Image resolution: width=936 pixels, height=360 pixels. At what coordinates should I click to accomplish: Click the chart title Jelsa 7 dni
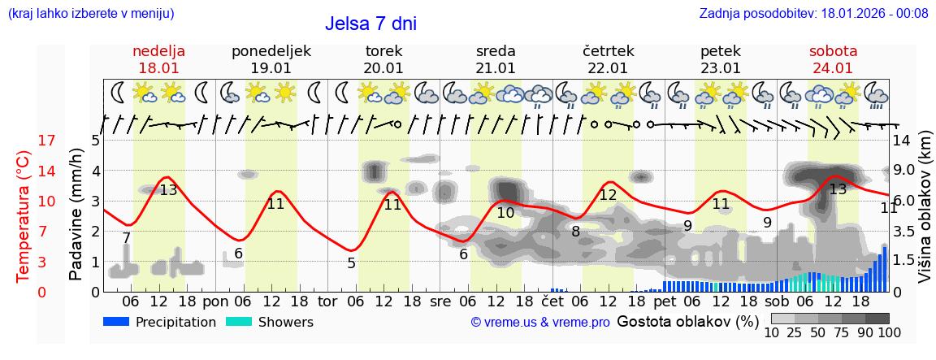(x=370, y=24)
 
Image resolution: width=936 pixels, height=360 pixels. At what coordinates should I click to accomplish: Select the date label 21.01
(x=496, y=68)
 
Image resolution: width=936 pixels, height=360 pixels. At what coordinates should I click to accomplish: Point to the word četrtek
(x=608, y=51)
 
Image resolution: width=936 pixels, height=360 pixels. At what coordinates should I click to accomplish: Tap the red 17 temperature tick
(x=24, y=141)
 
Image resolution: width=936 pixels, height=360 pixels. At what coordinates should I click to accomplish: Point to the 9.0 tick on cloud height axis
(x=903, y=171)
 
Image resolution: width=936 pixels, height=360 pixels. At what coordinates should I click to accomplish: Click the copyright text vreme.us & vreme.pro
(x=540, y=322)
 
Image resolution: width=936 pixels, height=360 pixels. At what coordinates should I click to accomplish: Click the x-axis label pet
(x=664, y=301)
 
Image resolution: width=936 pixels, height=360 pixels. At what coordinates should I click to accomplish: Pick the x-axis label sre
(x=440, y=301)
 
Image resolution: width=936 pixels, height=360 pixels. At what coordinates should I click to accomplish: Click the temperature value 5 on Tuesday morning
(x=351, y=263)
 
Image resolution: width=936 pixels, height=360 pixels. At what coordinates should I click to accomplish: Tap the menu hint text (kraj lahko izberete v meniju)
(x=90, y=13)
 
